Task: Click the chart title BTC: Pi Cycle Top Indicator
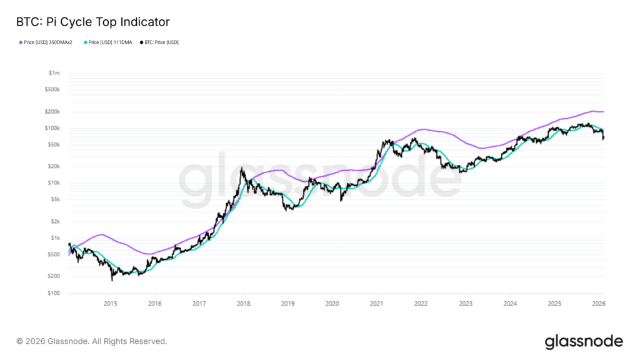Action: [93, 22]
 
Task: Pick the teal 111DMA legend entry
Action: [110, 42]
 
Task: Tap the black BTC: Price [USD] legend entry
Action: [161, 42]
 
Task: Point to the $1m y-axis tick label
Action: [54, 73]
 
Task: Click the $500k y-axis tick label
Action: [53, 89]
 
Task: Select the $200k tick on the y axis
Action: [53, 112]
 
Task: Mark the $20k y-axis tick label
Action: [54, 167]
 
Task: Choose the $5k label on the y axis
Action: [55, 199]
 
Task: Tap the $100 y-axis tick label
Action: [54, 293]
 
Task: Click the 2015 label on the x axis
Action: [110, 304]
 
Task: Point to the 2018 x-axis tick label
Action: [243, 304]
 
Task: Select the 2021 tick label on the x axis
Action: [376, 304]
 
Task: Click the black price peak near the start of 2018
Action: [241, 168]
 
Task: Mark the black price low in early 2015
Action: [112, 280]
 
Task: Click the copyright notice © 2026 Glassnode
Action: [92, 341]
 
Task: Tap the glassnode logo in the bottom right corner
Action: [584, 341]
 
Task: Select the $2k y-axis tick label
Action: [55, 222]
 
